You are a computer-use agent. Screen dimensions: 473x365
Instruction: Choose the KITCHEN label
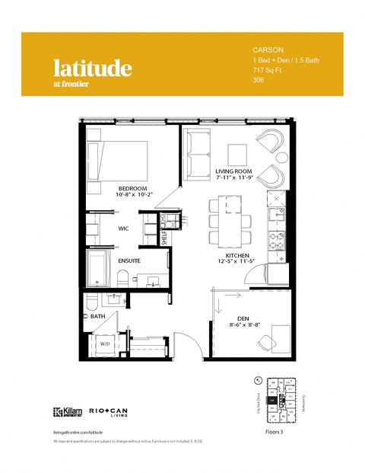tap(238, 255)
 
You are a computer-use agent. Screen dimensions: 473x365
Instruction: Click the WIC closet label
tap(122, 228)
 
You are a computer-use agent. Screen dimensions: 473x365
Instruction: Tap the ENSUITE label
tap(128, 261)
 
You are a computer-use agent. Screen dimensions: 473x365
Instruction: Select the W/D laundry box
tap(104, 344)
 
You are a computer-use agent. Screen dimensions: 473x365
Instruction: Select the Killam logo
tap(65, 411)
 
